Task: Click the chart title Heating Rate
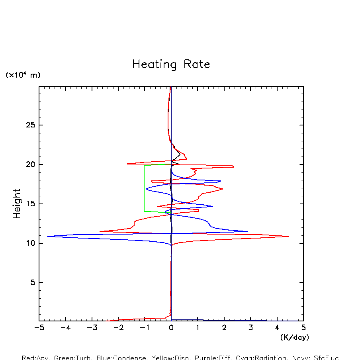coord(171,65)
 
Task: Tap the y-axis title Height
coord(17,203)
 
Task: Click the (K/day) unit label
coord(294,337)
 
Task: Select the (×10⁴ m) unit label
coord(23,75)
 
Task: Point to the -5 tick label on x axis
coord(39,328)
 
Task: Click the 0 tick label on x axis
coord(171,328)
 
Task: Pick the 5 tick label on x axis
coord(303,328)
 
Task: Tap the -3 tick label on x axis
coord(92,328)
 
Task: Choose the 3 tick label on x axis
coord(250,328)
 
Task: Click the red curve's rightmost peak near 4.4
coord(288,236)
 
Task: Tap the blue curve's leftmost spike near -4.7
coord(48,236)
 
